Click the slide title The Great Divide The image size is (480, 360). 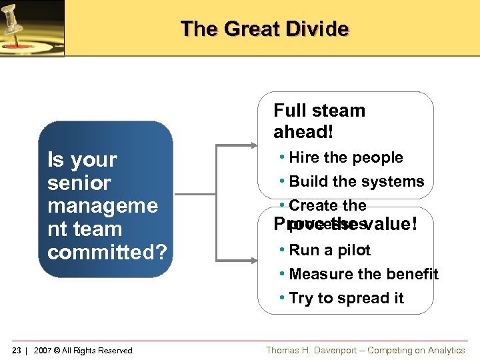coord(264,29)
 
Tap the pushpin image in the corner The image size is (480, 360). coord(32,28)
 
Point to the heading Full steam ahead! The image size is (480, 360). coord(319,121)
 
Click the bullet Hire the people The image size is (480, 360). coord(346,158)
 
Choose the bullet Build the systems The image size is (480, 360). coord(357,181)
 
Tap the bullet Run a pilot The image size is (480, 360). coord(329,250)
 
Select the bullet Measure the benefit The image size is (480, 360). coord(363,274)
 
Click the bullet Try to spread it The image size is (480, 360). coord(346,298)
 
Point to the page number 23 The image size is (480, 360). coord(17,351)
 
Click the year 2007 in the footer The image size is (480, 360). coord(43,351)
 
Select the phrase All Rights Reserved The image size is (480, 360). coord(99,351)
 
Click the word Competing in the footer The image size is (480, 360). coord(389,351)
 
